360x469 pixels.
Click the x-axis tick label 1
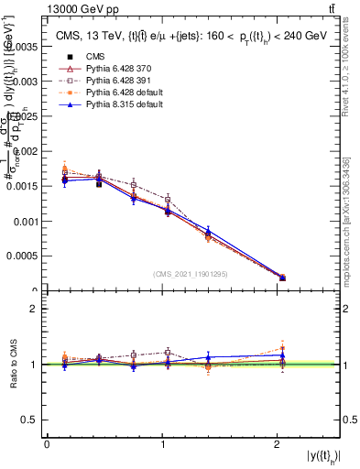coord(162,444)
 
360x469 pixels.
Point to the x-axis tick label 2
coord(278,444)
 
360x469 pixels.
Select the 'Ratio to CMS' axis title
coord(12,364)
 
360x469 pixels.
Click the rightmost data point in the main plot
coord(282,277)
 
